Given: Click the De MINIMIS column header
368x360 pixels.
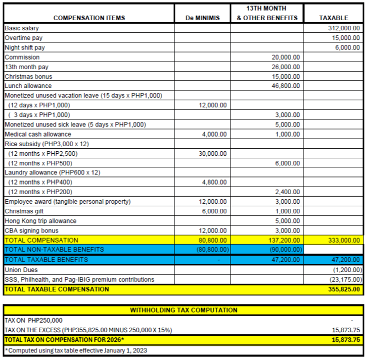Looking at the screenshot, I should pyautogui.click(x=202, y=18).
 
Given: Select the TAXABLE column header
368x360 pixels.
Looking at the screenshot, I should pyautogui.click(x=334, y=18).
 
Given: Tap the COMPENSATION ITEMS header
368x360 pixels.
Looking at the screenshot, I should pyautogui.click(x=89, y=18).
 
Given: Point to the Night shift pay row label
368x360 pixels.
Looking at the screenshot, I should pyautogui.click(x=25, y=48).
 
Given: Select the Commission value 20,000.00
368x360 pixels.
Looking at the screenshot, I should pyautogui.click(x=286, y=57).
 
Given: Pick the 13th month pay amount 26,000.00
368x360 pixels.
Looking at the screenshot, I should pyautogui.click(x=286, y=67).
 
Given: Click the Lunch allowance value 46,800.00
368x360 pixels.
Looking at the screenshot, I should pyautogui.click(x=286, y=86).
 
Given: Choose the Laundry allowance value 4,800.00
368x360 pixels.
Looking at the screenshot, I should pyautogui.click(x=214, y=183).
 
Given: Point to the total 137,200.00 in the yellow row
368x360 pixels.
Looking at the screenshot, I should pyautogui.click(x=284, y=240).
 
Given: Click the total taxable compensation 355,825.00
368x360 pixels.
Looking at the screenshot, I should pyautogui.click(x=343, y=289).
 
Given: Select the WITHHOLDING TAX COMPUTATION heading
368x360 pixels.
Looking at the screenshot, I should pyautogui.click(x=183, y=310).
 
